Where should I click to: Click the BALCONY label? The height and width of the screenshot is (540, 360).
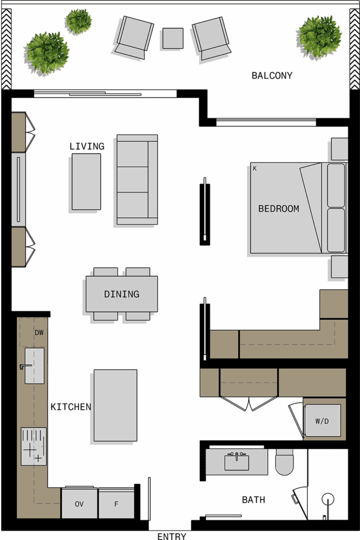[x=272, y=75]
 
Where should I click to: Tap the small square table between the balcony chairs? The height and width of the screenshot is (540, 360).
[x=173, y=38]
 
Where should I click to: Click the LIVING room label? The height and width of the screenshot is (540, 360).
[x=87, y=147]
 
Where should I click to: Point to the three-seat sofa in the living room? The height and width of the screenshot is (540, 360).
[x=137, y=179]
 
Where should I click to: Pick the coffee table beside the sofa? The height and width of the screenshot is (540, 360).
[x=86, y=181]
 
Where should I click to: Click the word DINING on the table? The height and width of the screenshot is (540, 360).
[x=122, y=294]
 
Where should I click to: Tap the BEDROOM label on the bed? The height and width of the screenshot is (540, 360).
[x=278, y=209]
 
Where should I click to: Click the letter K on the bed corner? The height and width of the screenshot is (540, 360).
[x=255, y=168]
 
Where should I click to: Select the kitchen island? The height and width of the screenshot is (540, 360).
[x=115, y=406]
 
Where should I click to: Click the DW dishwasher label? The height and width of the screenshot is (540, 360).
[x=39, y=333]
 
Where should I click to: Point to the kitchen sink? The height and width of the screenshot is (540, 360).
[x=34, y=366]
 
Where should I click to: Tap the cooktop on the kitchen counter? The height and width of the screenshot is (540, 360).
[x=34, y=446]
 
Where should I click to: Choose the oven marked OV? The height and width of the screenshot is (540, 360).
[x=80, y=504]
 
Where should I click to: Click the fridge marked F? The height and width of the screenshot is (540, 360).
[x=116, y=504]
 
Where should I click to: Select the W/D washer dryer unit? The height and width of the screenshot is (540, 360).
[x=323, y=421]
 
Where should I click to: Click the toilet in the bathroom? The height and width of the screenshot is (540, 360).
[x=285, y=462]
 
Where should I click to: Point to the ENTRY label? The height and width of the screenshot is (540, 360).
[x=172, y=536]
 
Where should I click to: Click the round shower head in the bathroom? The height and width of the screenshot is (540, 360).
[x=328, y=499]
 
